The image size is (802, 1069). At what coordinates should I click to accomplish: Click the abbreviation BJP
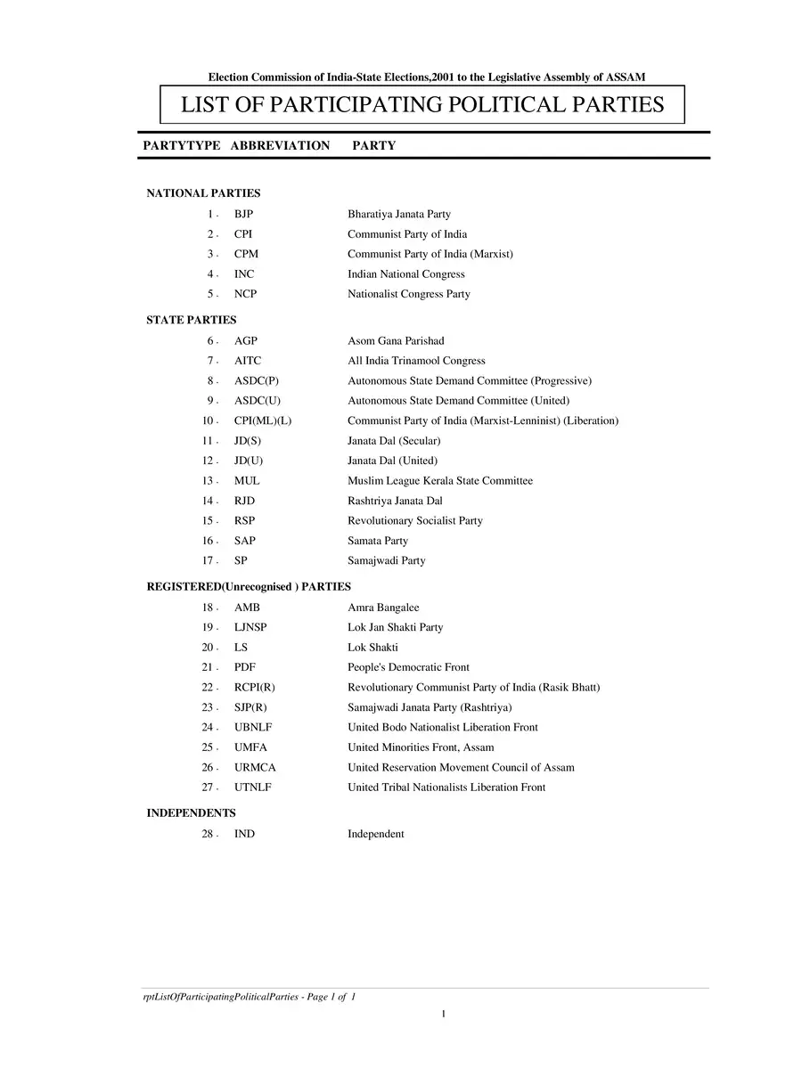pos(244,214)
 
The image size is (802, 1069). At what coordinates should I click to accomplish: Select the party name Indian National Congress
pos(405,274)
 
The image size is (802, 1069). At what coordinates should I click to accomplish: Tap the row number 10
pos(209,420)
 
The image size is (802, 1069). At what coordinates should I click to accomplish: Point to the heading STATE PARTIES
pos(192,320)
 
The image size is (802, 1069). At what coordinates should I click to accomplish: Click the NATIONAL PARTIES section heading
pos(203,193)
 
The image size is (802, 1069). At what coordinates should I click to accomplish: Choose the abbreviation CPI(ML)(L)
pos(262,420)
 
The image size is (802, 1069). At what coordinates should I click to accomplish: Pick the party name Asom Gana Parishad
pos(396,341)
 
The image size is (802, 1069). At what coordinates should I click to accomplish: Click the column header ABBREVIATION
pos(280,145)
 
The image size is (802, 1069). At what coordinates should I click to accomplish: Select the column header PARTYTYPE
pos(181,145)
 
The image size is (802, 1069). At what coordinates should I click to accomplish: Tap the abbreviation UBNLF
pos(253,728)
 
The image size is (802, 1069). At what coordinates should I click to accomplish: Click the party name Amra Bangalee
pos(383,608)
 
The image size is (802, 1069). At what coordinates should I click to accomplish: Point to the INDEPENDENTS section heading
pos(191,813)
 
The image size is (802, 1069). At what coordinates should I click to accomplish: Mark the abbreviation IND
pos(244,835)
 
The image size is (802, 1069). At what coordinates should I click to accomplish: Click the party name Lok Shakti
pos(372,648)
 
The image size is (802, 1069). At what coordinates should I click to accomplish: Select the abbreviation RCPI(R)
pos(254,688)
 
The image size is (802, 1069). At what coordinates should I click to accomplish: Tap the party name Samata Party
pos(378,541)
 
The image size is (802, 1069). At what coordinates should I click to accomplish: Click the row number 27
pos(209,787)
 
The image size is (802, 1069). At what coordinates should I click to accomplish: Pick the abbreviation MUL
pos(247,481)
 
